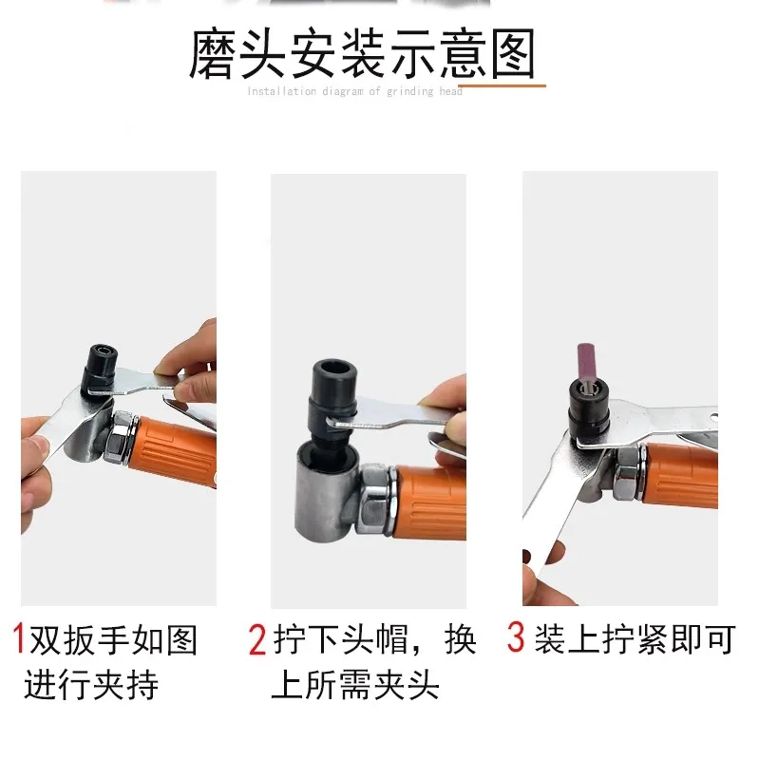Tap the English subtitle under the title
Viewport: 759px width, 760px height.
[x=355, y=91]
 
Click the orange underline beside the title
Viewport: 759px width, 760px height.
[x=503, y=85]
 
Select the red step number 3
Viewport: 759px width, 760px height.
[x=516, y=637]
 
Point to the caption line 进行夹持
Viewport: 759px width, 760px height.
[x=90, y=683]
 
